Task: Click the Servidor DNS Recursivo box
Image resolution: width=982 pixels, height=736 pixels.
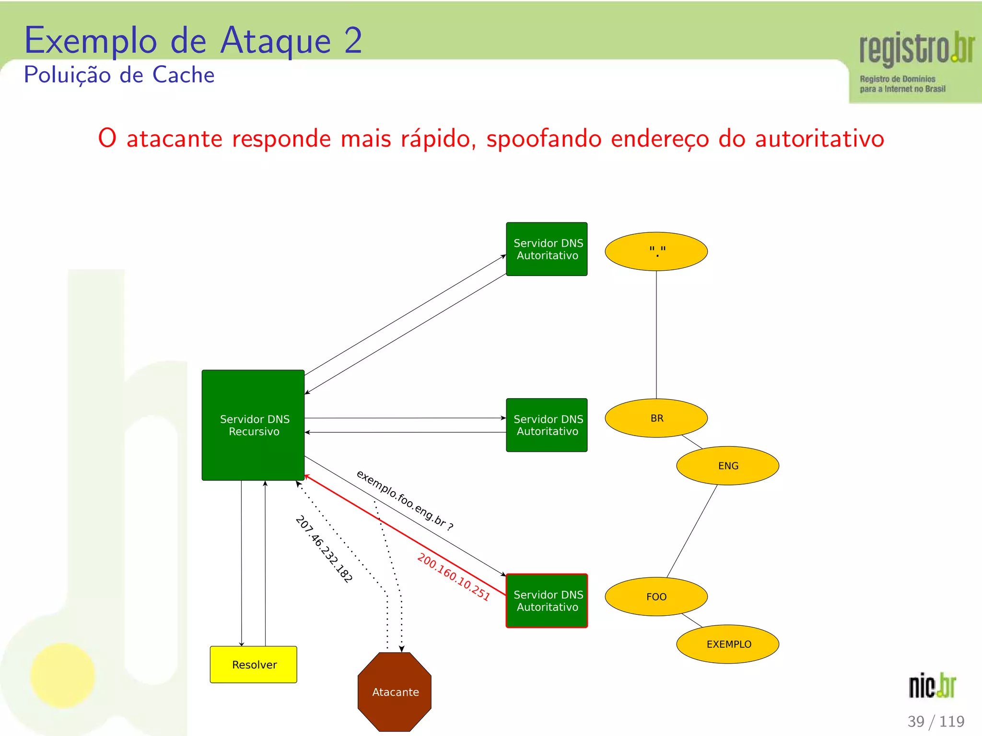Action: coord(253,425)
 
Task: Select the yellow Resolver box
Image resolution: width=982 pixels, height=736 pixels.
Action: coord(254,665)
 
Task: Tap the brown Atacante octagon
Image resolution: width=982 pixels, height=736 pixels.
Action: coord(395,691)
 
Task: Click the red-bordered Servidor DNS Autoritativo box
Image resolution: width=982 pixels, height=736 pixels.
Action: coord(547,601)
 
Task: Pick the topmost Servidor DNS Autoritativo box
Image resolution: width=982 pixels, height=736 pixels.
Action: coord(547,249)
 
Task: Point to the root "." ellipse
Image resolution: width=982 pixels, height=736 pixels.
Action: coord(656,252)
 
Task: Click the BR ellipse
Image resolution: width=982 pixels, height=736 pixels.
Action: coord(656,418)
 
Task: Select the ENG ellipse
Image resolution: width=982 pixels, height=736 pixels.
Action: coord(727,466)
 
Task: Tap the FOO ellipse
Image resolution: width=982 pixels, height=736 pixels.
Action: coord(656,597)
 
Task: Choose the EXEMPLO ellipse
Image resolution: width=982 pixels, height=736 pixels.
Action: coord(727,644)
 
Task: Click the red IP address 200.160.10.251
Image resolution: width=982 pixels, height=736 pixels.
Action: coord(453,577)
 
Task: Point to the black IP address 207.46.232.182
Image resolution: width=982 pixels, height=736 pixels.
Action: coord(324,549)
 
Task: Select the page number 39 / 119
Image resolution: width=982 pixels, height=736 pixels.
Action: coord(935,721)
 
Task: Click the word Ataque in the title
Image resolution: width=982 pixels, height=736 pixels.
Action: coord(275,41)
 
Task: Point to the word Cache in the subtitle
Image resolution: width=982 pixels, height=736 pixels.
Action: coord(183,75)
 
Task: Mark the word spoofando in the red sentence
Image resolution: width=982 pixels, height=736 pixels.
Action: coord(544,139)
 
